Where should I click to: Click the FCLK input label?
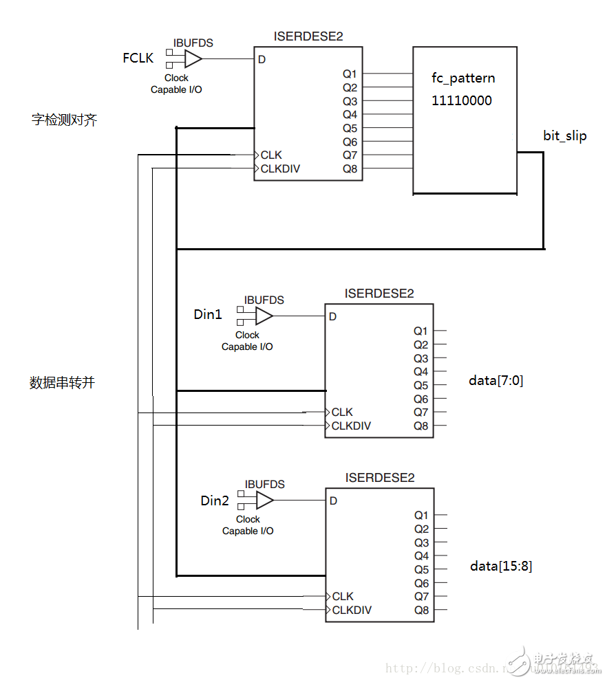138,58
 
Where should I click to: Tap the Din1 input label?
208,315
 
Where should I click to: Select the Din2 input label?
215,500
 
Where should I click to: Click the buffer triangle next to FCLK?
193,58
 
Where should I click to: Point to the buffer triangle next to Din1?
264,316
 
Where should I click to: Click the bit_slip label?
565,136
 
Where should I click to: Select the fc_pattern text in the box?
463,78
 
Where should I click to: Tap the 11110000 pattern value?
462,100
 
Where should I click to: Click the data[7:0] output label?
496,380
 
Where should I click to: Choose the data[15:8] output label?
501,566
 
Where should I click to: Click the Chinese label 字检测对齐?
65,120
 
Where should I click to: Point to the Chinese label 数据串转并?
62,383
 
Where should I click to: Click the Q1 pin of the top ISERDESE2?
350,74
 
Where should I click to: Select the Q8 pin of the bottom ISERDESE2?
421,610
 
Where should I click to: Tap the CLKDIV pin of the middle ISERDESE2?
351,426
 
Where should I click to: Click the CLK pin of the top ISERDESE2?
271,155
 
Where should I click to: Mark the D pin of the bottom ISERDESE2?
333,500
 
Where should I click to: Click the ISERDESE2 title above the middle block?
379,294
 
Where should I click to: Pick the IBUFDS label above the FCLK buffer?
193,43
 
